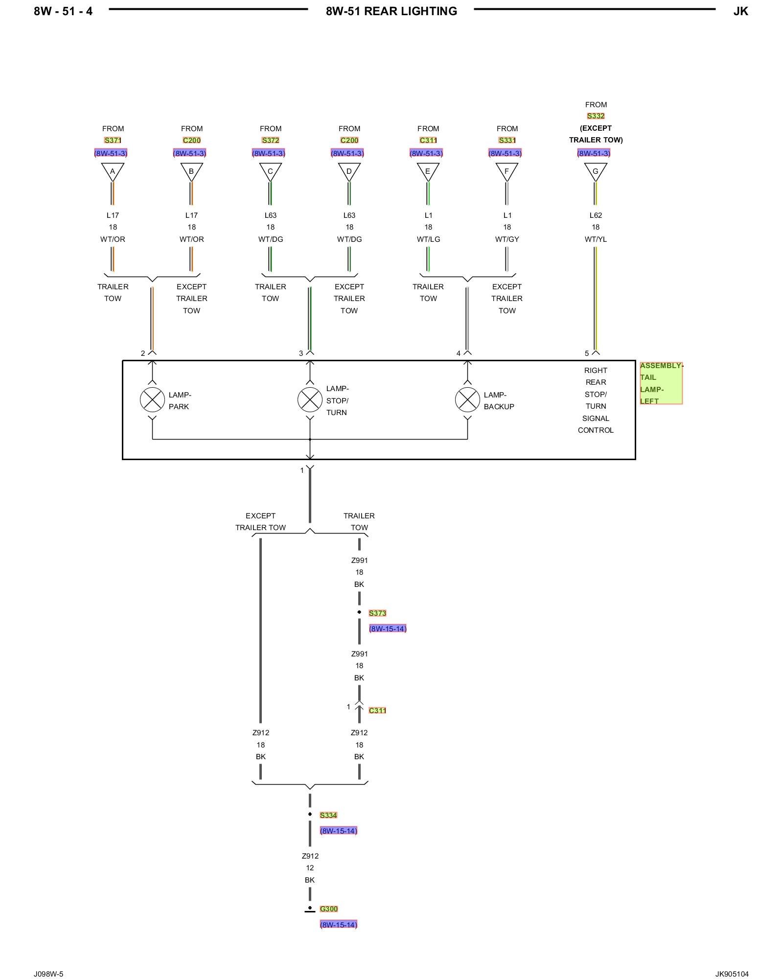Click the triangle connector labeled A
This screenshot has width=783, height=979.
pyautogui.click(x=113, y=171)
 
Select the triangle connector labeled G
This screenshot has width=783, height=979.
pyautogui.click(x=596, y=171)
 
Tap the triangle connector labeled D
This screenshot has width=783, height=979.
pyautogui.click(x=349, y=171)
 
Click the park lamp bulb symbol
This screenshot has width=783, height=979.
pyautogui.click(x=152, y=400)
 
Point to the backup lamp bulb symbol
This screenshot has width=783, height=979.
pyautogui.click(x=467, y=400)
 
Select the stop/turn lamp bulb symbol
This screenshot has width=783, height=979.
pyautogui.click(x=310, y=400)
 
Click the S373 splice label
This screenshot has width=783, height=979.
pyautogui.click(x=377, y=613)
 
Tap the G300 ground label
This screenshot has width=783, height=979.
pyautogui.click(x=329, y=909)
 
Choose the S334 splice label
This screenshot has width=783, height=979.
pyautogui.click(x=328, y=815)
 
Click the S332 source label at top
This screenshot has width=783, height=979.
pyautogui.click(x=596, y=116)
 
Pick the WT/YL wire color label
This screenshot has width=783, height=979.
pyautogui.click(x=596, y=239)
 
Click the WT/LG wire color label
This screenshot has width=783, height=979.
pyautogui.click(x=428, y=239)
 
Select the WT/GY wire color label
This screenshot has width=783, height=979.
pyautogui.click(x=507, y=239)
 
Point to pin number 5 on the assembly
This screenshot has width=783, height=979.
pyautogui.click(x=587, y=353)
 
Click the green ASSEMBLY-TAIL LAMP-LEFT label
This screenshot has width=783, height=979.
pyautogui.click(x=661, y=383)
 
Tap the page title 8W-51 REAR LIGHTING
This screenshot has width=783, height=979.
pyautogui.click(x=391, y=11)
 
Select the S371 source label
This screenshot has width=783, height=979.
pyautogui.click(x=113, y=140)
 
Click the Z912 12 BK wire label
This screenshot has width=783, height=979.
pyautogui.click(x=310, y=868)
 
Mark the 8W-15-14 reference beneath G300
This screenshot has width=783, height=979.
pyautogui.click(x=339, y=925)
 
